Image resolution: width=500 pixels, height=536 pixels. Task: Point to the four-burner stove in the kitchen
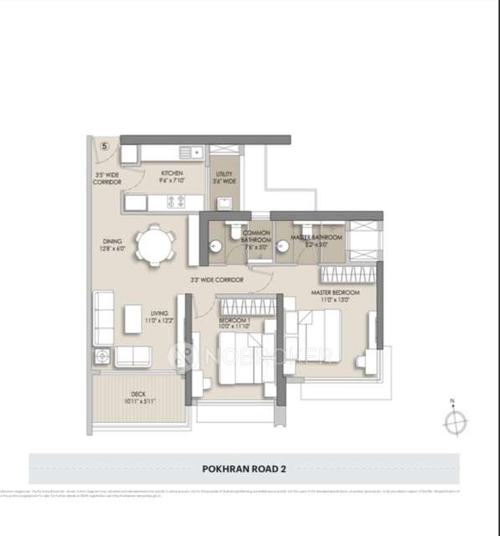pyautogui.click(x=177, y=201)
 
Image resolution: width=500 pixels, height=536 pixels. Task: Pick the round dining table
pyautogui.click(x=157, y=245)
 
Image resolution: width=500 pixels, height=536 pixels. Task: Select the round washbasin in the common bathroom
pyautogui.click(x=215, y=246)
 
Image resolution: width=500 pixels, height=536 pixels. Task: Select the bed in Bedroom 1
pyautogui.click(x=243, y=356)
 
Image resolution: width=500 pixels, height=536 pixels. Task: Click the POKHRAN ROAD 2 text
pyautogui.click(x=244, y=470)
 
